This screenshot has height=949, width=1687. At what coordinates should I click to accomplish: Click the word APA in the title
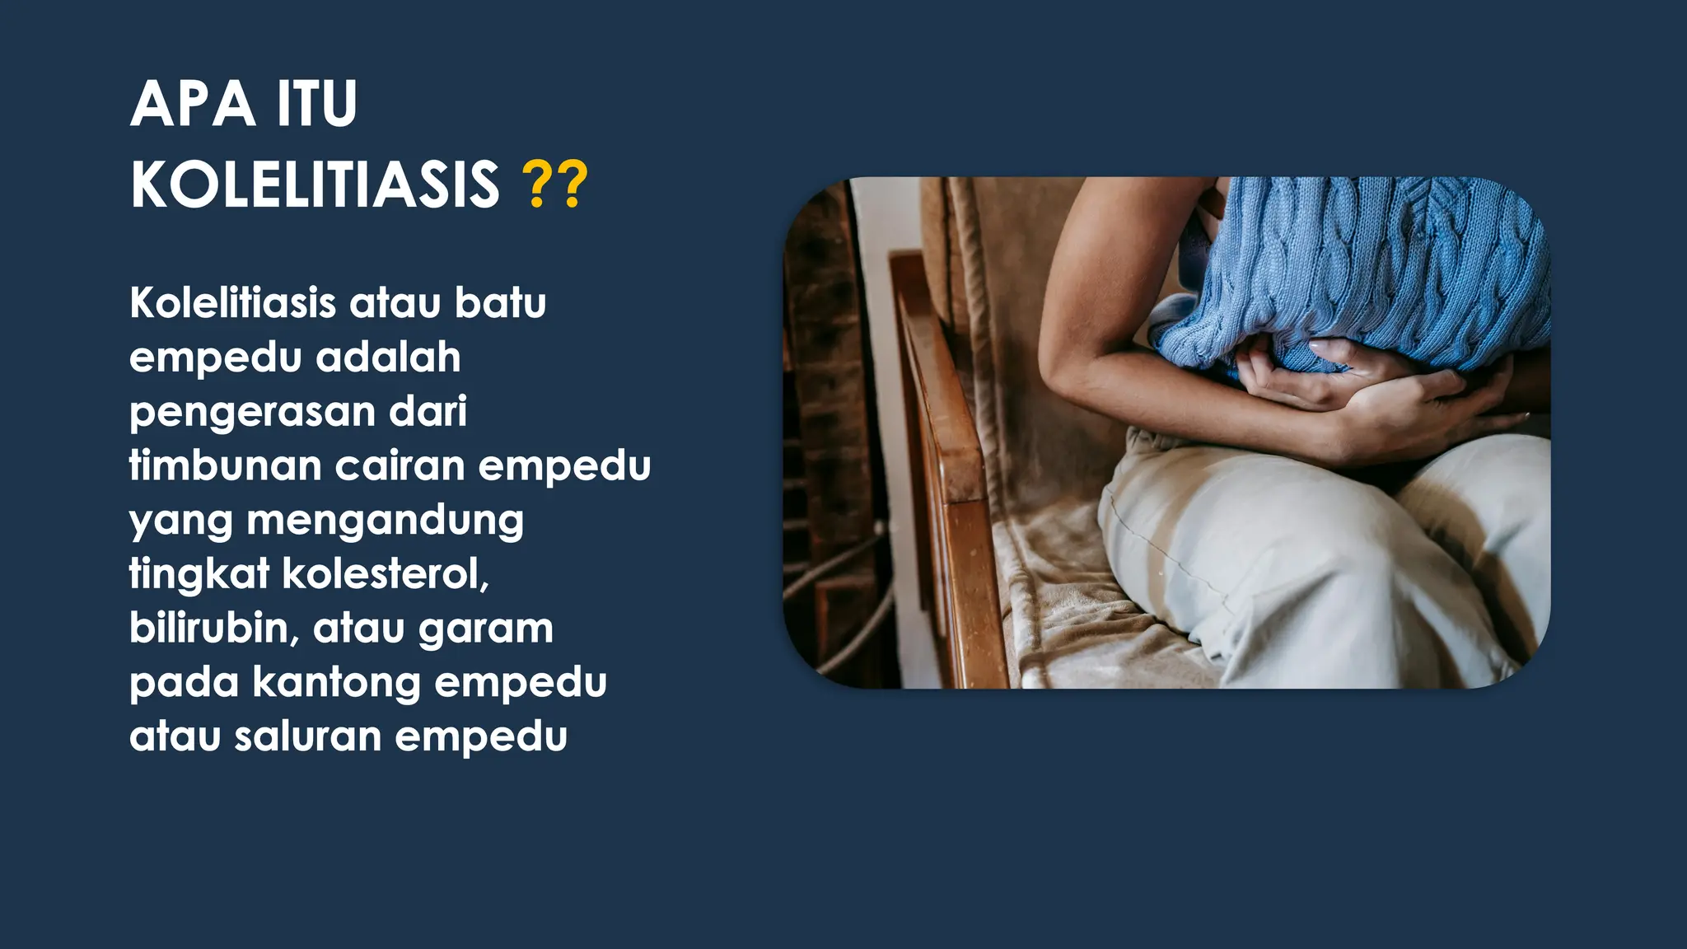pyautogui.click(x=193, y=105)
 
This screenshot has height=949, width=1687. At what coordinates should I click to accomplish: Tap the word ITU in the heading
pyautogui.click(x=317, y=105)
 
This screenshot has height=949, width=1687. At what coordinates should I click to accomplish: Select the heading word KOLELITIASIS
pyautogui.click(x=315, y=185)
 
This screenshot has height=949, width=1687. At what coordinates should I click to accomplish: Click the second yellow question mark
pyautogui.click(x=573, y=185)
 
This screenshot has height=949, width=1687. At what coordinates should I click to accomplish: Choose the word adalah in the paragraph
pyautogui.click(x=388, y=357)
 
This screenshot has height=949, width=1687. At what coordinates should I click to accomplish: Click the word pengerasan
pyautogui.click(x=252, y=413)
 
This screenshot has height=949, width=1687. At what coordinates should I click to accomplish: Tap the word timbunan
pyautogui.click(x=225, y=465)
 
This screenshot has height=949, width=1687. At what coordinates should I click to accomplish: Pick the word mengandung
pyautogui.click(x=385, y=521)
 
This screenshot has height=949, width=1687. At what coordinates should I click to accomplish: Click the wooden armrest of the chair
pyautogui.click(x=947, y=412)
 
